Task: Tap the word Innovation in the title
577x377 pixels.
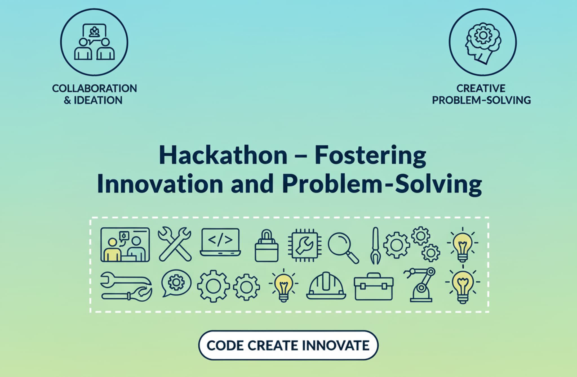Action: [160, 184]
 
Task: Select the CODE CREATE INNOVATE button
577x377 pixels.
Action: [288, 345]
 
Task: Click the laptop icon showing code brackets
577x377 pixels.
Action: [220, 242]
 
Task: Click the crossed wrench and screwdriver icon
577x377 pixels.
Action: [175, 244]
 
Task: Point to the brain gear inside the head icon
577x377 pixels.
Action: [483, 35]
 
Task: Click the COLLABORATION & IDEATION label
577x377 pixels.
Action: [94, 94]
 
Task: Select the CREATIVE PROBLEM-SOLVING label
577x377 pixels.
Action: [481, 94]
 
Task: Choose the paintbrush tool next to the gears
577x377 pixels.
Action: [375, 245]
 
